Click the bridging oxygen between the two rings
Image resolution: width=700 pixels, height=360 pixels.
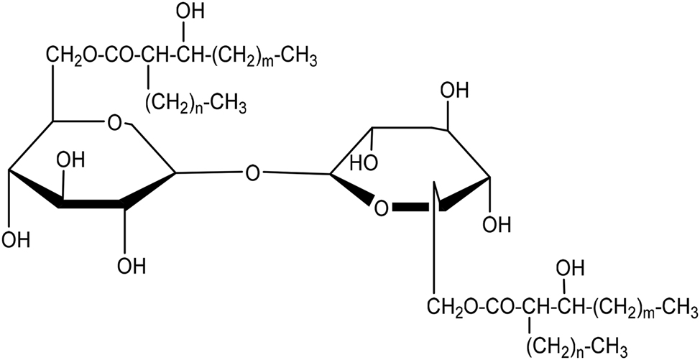(252, 172)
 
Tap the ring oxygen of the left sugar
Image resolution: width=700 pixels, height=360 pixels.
(115, 121)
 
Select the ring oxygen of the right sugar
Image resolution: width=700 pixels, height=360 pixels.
(381, 208)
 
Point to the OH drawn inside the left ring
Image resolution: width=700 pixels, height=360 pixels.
(71, 160)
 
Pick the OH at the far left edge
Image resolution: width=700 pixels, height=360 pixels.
(15, 240)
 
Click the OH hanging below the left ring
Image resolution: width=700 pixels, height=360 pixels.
(132, 266)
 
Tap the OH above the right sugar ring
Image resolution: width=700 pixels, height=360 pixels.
(454, 91)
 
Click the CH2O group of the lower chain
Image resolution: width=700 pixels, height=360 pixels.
(449, 307)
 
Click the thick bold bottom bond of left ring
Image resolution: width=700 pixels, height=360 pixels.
(91, 204)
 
